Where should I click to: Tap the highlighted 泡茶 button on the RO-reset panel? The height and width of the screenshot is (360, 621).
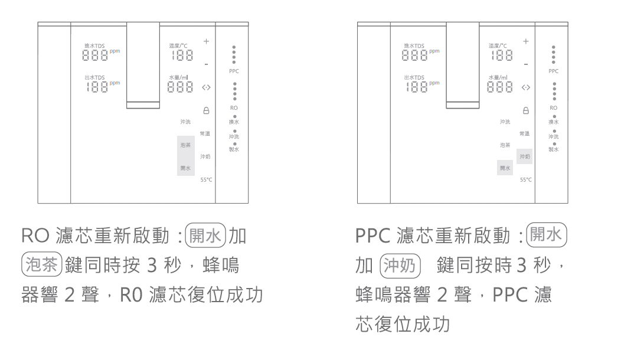click(x=186, y=145)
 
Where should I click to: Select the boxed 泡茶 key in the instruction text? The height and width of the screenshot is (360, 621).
click(x=39, y=265)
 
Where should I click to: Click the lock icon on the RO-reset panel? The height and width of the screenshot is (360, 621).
click(x=206, y=110)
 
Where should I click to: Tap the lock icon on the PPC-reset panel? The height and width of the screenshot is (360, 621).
click(x=525, y=110)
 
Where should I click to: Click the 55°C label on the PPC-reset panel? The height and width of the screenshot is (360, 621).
click(x=525, y=179)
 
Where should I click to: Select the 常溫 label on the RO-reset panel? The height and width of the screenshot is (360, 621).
click(x=205, y=133)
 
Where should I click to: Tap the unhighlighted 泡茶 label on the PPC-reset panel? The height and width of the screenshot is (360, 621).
click(x=505, y=145)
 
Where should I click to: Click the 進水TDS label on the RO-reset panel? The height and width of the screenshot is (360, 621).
click(x=94, y=45)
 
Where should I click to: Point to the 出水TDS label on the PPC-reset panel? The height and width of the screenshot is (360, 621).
click(x=414, y=77)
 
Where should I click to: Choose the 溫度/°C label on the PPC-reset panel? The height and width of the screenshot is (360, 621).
click(x=498, y=45)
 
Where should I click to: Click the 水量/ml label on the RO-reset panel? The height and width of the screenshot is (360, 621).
click(x=178, y=77)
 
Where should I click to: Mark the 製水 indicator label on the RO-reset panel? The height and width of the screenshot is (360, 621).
click(x=234, y=150)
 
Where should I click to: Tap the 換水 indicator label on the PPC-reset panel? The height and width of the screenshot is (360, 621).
click(x=553, y=122)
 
